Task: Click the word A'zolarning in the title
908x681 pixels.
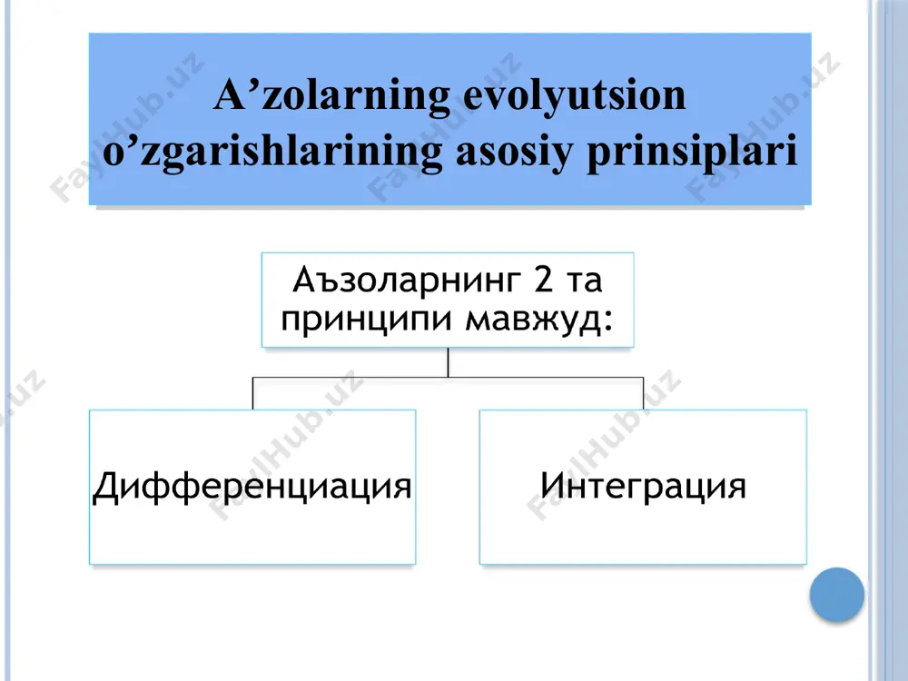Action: [332, 95]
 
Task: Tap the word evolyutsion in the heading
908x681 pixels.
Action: [575, 95]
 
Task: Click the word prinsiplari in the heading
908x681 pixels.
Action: [692, 153]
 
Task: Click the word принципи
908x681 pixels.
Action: [366, 319]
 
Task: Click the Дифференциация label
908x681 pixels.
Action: [252, 487]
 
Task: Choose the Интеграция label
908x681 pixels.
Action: [643, 485]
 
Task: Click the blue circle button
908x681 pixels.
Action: [837, 595]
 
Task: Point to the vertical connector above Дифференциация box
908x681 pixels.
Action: [252, 393]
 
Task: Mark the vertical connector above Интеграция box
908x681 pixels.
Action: [644, 393]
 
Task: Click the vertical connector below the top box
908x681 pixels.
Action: [448, 362]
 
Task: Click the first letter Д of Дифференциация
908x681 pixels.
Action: [106, 487]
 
